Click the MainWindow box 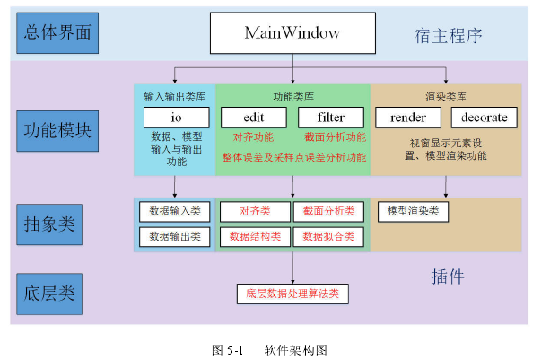tap(292, 33)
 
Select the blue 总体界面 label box tap(57, 33)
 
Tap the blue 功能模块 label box tap(57, 131)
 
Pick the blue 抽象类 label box tap(49, 224)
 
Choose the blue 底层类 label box tap(49, 294)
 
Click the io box tap(177, 118)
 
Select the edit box tap(254, 118)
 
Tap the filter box tap(331, 118)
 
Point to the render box tap(408, 118)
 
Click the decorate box tap(485, 118)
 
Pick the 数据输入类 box tap(175, 212)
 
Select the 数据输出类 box tap(175, 237)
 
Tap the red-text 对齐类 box tap(255, 212)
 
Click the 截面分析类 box tap(328, 212)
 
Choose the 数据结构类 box tap(255, 237)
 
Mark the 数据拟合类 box tap(328, 237)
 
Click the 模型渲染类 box tap(414, 212)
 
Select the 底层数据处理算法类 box tap(292, 294)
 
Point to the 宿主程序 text tap(449, 36)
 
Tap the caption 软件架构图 tap(296, 350)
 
